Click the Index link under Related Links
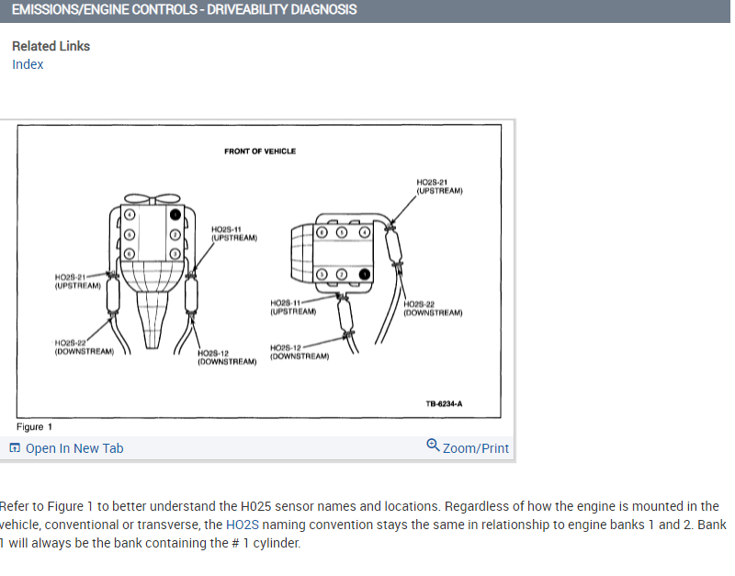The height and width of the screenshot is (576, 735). pyautogui.click(x=28, y=64)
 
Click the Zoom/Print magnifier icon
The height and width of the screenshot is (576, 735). pyautogui.click(x=434, y=446)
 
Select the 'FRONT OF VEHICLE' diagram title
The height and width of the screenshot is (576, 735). pyautogui.click(x=260, y=152)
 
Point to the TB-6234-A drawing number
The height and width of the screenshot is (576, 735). pyautogui.click(x=444, y=403)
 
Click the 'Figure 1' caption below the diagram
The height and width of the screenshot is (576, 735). pyautogui.click(x=35, y=426)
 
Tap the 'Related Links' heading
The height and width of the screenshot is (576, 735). pyautogui.click(x=51, y=46)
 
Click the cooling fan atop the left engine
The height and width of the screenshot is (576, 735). pyautogui.click(x=153, y=198)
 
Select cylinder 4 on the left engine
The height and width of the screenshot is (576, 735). pyautogui.click(x=130, y=214)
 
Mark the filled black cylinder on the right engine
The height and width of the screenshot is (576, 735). pyautogui.click(x=365, y=274)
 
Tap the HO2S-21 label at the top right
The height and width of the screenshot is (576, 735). pyautogui.click(x=439, y=186)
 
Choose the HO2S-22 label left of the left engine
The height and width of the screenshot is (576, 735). pyautogui.click(x=84, y=346)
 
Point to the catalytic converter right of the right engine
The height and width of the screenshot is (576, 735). pyautogui.click(x=396, y=246)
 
